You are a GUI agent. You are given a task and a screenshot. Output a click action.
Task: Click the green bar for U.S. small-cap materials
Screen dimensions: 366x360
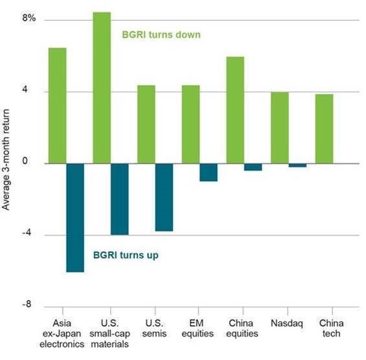[x=102, y=88]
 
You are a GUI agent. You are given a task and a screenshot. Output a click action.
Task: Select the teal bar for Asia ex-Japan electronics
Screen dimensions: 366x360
[x=75, y=218]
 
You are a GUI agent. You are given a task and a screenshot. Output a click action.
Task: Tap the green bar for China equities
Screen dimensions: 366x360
[x=235, y=110]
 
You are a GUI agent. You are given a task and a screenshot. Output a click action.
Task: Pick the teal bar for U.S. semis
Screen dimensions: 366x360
[x=164, y=197]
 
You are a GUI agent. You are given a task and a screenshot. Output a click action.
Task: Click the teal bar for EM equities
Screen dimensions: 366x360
[x=209, y=173]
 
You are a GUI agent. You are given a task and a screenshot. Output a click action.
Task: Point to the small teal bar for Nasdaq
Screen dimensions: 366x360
[x=297, y=165]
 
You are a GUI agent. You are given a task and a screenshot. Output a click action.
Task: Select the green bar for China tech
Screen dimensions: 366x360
[x=325, y=129]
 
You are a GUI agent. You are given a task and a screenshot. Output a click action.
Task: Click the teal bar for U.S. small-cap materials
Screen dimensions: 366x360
[x=119, y=199]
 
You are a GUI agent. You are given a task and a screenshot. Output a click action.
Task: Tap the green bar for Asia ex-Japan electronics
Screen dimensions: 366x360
[x=58, y=106]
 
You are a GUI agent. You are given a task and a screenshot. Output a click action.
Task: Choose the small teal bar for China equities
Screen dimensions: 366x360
[x=253, y=167]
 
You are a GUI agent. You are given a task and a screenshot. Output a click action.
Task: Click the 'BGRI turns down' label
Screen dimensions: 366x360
[x=161, y=34]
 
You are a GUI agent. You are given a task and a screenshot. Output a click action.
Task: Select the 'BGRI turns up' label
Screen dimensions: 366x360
[x=126, y=255]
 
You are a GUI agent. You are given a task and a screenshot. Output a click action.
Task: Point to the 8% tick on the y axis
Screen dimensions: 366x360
[x=29, y=18]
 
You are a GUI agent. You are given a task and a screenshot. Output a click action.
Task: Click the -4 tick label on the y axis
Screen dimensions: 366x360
[x=27, y=233]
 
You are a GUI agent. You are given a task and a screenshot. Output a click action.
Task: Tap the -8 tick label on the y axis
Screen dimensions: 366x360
[x=27, y=304]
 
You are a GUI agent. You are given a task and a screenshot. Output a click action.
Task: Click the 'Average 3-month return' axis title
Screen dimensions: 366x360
[x=6, y=160]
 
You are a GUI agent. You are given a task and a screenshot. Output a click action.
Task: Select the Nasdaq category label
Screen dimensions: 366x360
[x=287, y=324]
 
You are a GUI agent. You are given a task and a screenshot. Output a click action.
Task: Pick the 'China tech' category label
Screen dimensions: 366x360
[x=331, y=328]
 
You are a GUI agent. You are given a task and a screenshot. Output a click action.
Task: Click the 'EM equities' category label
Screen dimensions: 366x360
[x=198, y=328]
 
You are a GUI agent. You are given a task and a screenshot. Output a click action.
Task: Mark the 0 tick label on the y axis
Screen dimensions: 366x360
[x=25, y=161]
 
